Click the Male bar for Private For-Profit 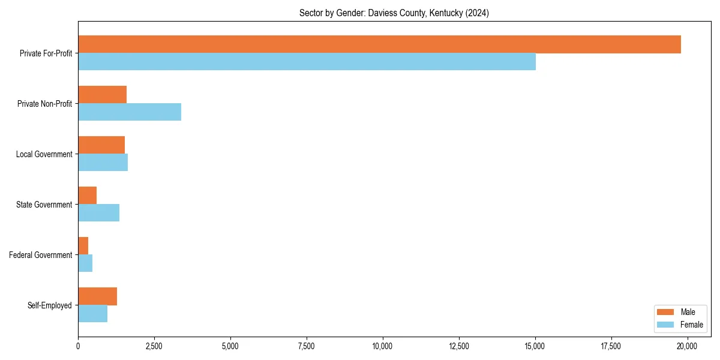[x=379, y=44]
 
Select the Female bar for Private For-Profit [x=307, y=62]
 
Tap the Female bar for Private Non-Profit [x=130, y=112]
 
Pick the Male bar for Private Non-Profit [x=102, y=95]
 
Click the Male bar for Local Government [x=101, y=145]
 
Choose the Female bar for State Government [x=98, y=213]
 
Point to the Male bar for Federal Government [x=83, y=246]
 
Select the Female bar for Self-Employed [x=92, y=314]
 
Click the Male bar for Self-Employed [x=97, y=296]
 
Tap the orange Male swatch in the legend [x=666, y=312]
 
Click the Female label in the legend [x=691, y=325]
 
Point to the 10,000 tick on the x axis [x=382, y=346]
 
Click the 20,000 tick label [x=687, y=346]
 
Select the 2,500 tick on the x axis [x=154, y=346]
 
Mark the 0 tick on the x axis [x=78, y=346]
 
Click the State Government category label [x=44, y=205]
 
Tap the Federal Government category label [x=41, y=255]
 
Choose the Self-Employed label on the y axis [x=49, y=305]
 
